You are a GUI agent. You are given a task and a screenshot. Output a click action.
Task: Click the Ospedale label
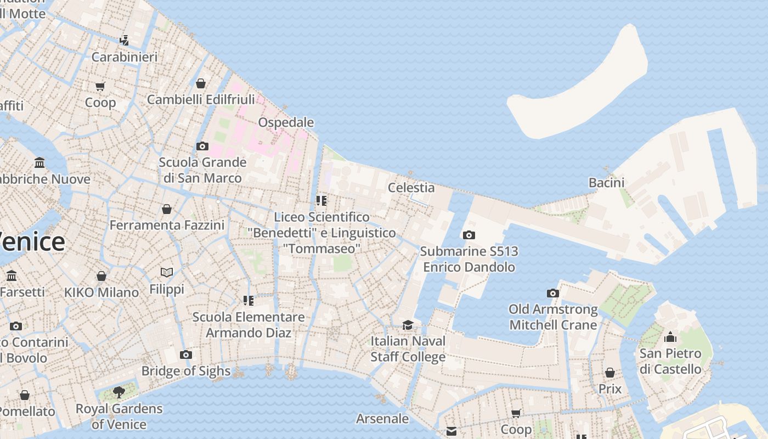pyautogui.click(x=286, y=122)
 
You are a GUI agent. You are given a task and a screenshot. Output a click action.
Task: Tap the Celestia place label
pyautogui.click(x=411, y=188)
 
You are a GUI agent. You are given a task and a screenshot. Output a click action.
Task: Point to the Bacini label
pyautogui.click(x=606, y=183)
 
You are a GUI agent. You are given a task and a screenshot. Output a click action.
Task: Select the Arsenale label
pyautogui.click(x=382, y=419)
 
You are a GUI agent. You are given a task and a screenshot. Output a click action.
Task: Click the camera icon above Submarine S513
pyautogui.click(x=468, y=235)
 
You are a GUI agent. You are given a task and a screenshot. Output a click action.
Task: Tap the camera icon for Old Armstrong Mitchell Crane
pyautogui.click(x=553, y=293)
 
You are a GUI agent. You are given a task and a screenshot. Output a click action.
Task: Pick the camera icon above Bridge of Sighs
pyautogui.click(x=186, y=354)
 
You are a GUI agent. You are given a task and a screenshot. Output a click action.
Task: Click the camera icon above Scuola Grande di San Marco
pyautogui.click(x=202, y=146)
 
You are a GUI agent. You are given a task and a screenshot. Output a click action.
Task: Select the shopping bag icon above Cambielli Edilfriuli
pyautogui.click(x=201, y=83)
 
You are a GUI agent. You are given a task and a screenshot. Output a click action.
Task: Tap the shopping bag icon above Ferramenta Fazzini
pyautogui.click(x=167, y=209)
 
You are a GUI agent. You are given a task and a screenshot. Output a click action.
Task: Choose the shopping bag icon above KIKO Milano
pyautogui.click(x=101, y=276)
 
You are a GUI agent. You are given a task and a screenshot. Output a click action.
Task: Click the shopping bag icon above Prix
pyautogui.click(x=610, y=373)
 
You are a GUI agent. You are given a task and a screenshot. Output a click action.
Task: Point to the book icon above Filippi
pyautogui.click(x=167, y=272)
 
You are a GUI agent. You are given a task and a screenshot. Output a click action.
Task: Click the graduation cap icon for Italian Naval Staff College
pyautogui.click(x=408, y=325)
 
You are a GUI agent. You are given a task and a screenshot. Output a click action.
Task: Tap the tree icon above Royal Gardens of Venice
pyautogui.click(x=118, y=392)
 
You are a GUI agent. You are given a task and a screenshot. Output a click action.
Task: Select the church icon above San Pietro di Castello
pyautogui.click(x=670, y=337)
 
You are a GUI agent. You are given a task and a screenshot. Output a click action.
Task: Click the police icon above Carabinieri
pyautogui.click(x=125, y=40)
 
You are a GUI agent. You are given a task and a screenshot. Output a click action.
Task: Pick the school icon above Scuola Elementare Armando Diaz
pyautogui.click(x=249, y=301)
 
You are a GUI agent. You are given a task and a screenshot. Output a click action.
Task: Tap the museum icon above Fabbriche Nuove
pyautogui.click(x=39, y=163)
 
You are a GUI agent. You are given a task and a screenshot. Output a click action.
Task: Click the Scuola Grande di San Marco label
pyautogui.click(x=202, y=170)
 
